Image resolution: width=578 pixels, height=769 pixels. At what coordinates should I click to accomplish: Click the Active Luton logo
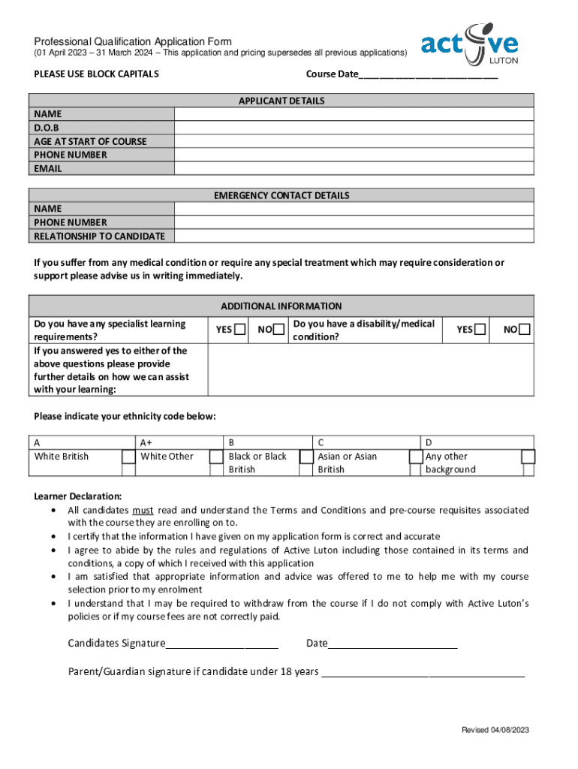click(469, 44)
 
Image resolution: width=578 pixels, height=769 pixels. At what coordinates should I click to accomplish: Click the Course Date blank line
click(428, 75)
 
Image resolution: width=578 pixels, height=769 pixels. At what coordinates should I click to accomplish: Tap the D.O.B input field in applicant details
click(354, 128)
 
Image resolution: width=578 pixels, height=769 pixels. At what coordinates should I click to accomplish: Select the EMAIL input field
click(354, 168)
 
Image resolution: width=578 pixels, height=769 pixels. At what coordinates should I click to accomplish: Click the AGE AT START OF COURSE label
click(90, 141)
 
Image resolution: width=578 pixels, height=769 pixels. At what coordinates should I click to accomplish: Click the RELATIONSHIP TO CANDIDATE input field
click(354, 236)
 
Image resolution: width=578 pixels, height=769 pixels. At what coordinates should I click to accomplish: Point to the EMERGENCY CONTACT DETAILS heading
click(281, 195)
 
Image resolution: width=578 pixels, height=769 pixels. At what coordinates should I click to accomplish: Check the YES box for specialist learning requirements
click(239, 330)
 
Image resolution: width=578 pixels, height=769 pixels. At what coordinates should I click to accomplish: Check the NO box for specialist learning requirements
click(278, 330)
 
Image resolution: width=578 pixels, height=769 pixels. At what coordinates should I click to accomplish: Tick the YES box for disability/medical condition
click(480, 330)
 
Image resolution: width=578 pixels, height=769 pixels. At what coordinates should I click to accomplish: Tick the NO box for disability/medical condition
click(525, 330)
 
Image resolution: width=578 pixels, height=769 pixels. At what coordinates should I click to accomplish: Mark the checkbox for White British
click(128, 457)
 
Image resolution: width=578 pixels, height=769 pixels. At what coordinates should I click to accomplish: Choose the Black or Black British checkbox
click(306, 457)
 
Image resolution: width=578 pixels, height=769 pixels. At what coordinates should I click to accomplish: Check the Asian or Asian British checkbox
click(415, 457)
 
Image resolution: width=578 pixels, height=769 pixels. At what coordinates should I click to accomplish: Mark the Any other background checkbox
click(528, 457)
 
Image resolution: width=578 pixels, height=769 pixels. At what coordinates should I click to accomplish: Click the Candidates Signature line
click(222, 644)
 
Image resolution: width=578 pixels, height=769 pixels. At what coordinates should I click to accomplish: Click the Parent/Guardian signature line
click(423, 671)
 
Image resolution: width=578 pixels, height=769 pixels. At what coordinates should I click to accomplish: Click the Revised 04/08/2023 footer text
click(495, 730)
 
